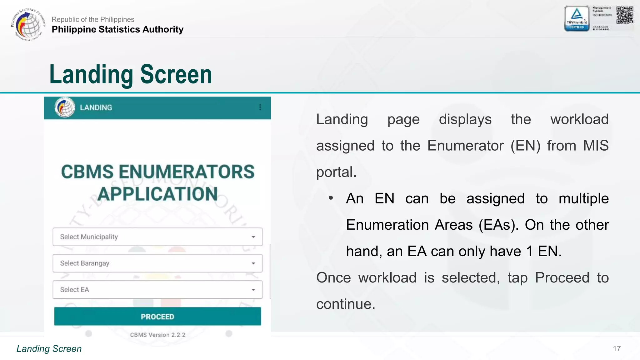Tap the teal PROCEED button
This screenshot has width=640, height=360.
click(x=157, y=316)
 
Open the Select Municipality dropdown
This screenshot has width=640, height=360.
click(x=157, y=237)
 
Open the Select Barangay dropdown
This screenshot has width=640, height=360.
click(x=157, y=263)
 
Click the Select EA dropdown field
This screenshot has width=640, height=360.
click(x=157, y=290)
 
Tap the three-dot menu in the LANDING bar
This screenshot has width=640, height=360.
click(x=260, y=107)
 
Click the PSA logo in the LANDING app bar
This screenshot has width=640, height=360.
click(x=65, y=107)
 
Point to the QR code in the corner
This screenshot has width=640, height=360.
click(x=625, y=15)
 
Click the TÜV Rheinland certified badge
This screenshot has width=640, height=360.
click(x=577, y=19)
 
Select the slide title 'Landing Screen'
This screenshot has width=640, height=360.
click(x=131, y=74)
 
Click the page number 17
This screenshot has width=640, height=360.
click(x=617, y=349)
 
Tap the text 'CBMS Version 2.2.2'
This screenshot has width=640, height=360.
click(x=157, y=335)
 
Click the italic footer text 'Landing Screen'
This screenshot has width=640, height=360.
click(x=49, y=349)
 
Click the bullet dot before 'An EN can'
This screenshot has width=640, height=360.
click(x=331, y=198)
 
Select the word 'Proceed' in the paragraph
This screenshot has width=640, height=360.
click(x=562, y=277)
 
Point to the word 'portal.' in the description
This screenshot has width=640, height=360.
click(x=336, y=172)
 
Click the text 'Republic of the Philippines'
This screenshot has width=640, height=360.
click(x=93, y=19)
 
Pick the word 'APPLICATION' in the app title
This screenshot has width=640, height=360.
click(x=157, y=194)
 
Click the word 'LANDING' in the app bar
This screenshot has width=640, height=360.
click(x=96, y=107)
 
